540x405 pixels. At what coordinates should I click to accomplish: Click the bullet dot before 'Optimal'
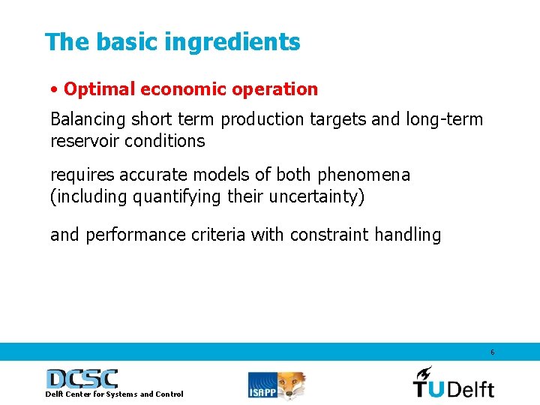(x=55, y=90)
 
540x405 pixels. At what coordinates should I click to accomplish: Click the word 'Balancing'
(x=88, y=119)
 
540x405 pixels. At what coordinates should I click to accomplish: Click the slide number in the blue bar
(x=492, y=352)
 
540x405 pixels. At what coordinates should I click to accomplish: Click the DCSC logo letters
(x=82, y=379)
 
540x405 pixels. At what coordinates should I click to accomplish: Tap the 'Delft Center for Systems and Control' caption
(x=114, y=394)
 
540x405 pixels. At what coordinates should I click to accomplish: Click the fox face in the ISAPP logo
(x=293, y=384)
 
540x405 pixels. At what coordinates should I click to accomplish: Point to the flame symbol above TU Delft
(x=424, y=373)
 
